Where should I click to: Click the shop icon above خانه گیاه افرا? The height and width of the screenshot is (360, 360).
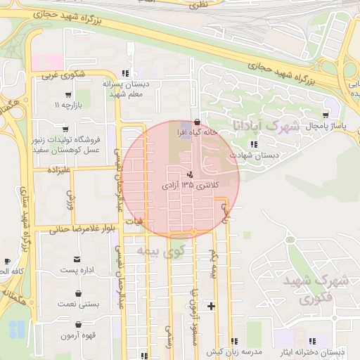196,121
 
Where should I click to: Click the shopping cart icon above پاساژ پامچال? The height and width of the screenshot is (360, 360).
325,115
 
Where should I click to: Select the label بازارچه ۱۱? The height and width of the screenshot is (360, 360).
68,105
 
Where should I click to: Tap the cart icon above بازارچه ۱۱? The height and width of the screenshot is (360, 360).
67,95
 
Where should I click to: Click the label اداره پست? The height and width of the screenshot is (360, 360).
78,269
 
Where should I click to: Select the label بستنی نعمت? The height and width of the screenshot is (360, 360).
79,304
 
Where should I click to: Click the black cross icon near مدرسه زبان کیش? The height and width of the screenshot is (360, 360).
211,306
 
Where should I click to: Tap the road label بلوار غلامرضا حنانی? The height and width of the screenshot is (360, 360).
82,228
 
